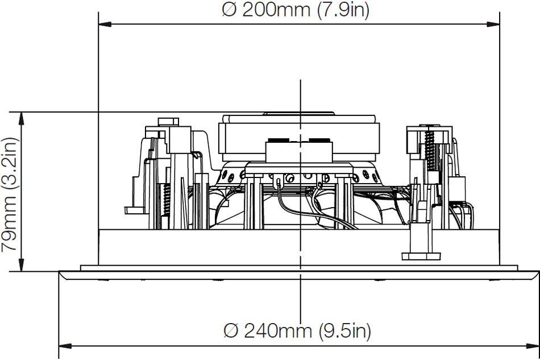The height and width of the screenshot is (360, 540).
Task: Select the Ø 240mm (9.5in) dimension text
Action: pos(297,331)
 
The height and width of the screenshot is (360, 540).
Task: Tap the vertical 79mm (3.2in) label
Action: pos(9,195)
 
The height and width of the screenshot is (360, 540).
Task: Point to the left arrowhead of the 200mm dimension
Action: pos(105,24)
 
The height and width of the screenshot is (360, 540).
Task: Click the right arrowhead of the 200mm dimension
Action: pos(493,24)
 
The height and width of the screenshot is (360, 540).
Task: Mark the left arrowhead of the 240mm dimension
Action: pos(65,346)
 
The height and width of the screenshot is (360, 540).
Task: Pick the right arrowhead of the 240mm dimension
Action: pos(533,346)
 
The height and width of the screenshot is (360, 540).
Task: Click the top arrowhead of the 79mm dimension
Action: pos(22,118)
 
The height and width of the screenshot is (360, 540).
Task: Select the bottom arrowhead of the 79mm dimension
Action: pos(22,264)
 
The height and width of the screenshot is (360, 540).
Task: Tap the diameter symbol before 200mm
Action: pos(230,10)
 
